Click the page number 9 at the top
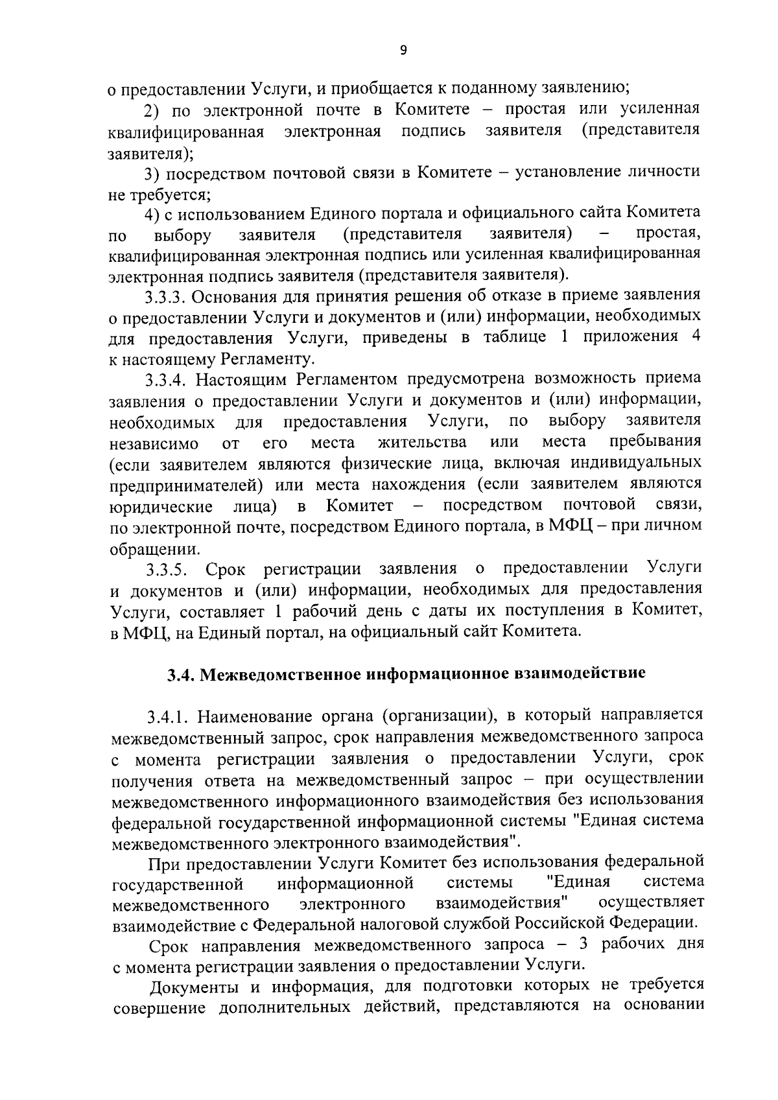(403, 51)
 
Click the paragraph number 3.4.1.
(169, 716)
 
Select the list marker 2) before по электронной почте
(153, 109)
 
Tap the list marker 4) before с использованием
(153, 213)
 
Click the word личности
(663, 171)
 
